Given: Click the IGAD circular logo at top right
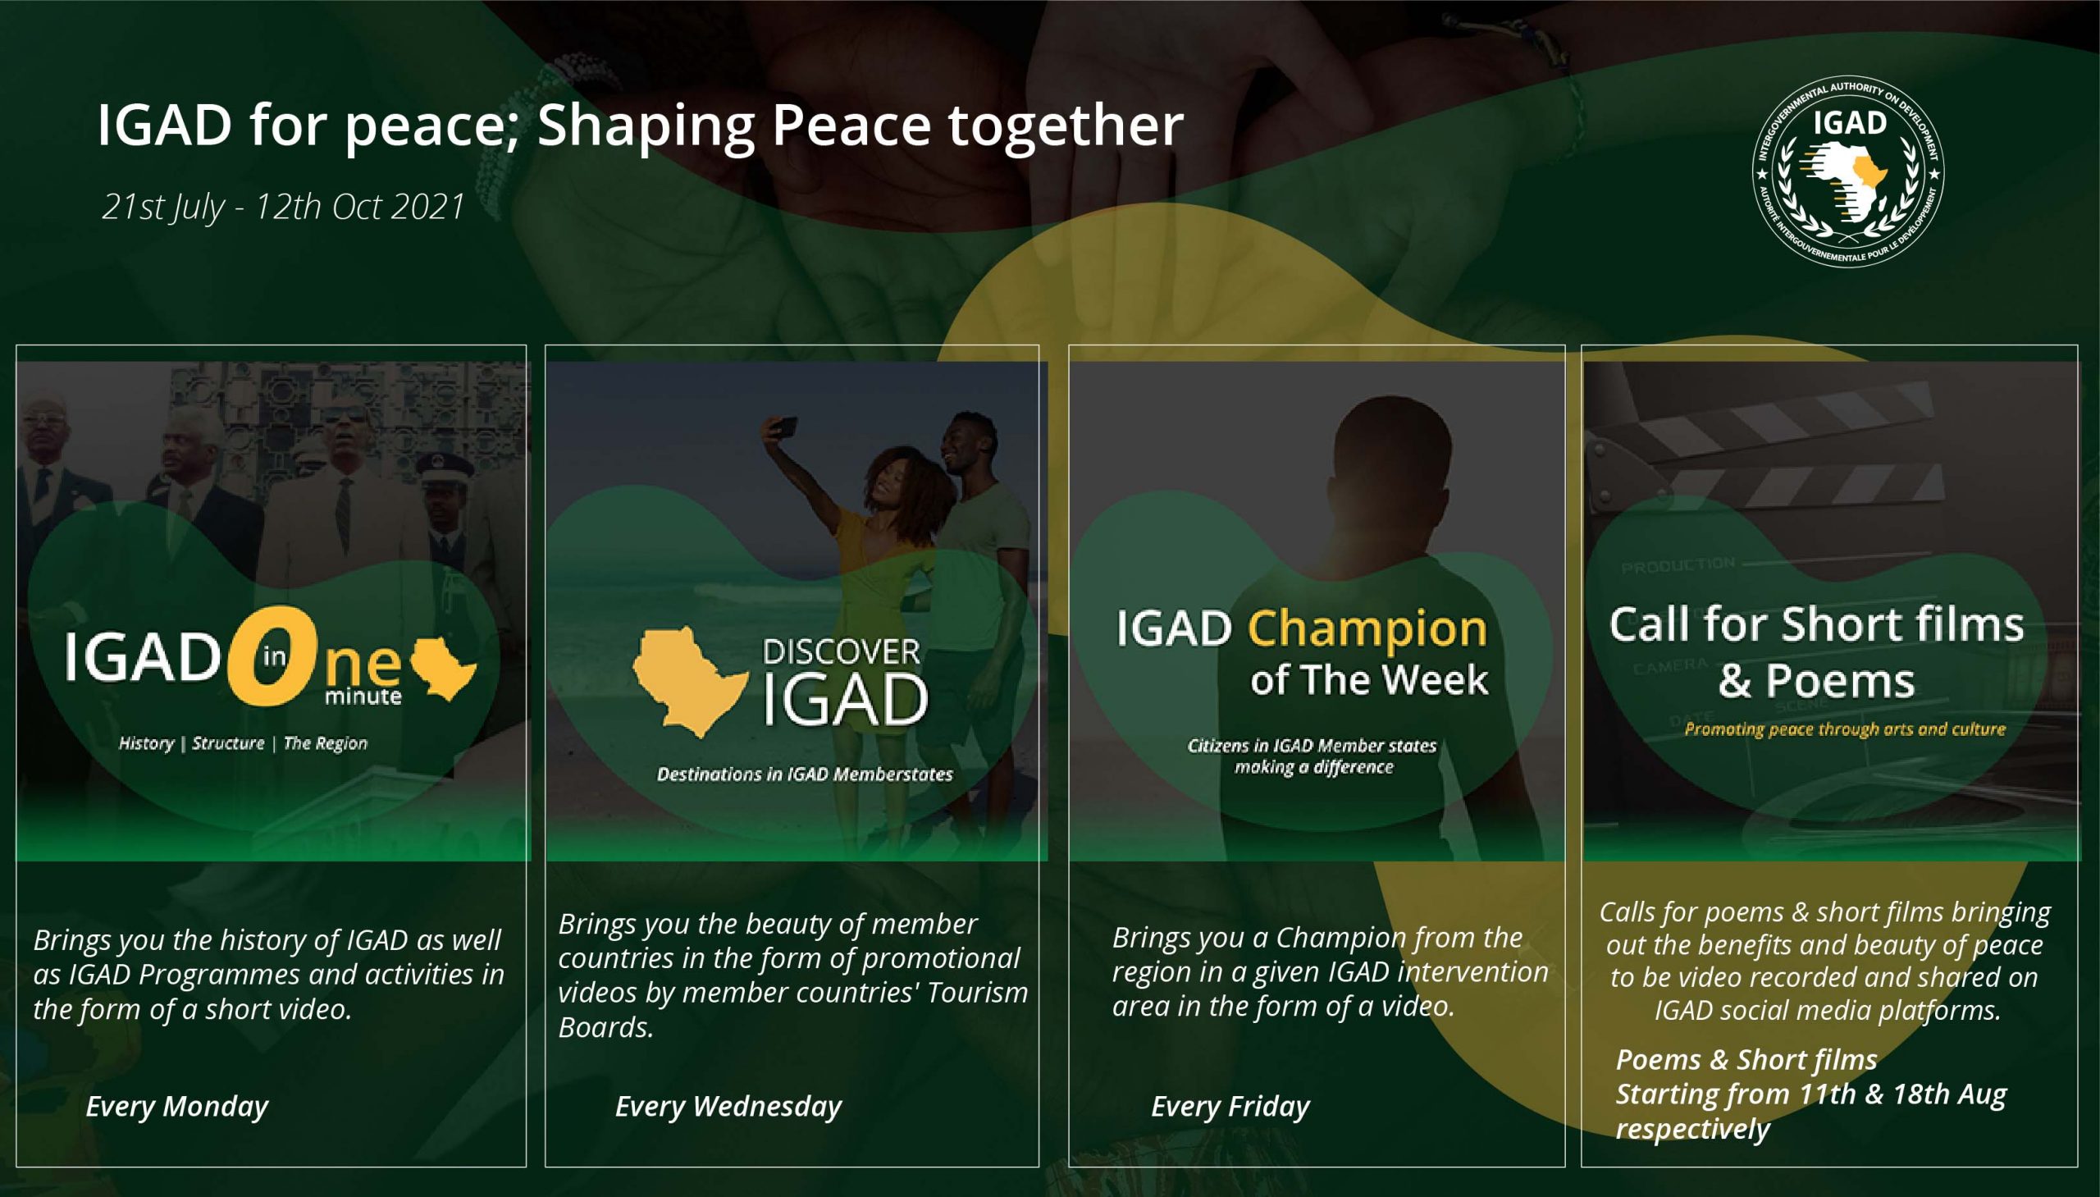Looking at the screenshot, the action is [1848, 171].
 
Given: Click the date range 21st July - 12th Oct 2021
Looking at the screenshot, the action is [284, 208].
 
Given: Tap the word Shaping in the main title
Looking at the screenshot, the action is [646, 126].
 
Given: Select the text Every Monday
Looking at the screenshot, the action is [176, 1107].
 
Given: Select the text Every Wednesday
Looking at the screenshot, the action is [728, 1107].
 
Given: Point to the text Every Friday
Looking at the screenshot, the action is [1230, 1107].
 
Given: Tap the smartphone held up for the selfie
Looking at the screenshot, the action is [783, 427].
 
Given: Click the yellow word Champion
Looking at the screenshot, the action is [1367, 630].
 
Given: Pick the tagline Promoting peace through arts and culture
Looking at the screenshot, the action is [1844, 729].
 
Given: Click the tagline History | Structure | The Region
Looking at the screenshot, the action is [244, 743].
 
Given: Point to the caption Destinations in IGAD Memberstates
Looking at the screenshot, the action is [805, 774].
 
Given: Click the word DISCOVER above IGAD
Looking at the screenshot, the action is [841, 652].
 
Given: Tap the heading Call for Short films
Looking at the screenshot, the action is [1816, 624].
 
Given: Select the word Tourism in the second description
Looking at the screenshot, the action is [977, 992].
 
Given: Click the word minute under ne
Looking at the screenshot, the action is [363, 697].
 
